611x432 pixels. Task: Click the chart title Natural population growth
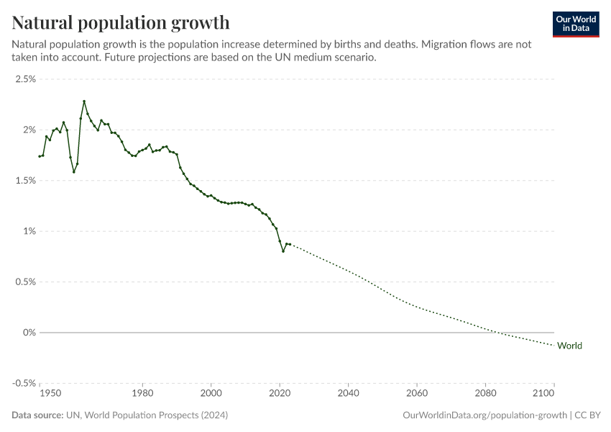pos(121,22)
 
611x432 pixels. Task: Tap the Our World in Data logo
pos(575,24)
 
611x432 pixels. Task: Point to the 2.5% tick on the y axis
pos(25,79)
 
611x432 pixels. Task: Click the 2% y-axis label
pos(29,130)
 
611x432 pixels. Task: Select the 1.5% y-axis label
pos(25,181)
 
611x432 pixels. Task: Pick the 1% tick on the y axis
pos(29,231)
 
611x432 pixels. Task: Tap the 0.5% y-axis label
pos(25,282)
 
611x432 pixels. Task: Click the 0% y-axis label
pos(29,333)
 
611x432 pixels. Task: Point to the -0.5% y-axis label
pos(24,383)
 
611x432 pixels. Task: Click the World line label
pos(569,346)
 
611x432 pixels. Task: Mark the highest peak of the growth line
pos(84,102)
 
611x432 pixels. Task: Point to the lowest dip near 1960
pos(74,172)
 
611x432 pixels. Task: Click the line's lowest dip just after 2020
pos(283,251)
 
